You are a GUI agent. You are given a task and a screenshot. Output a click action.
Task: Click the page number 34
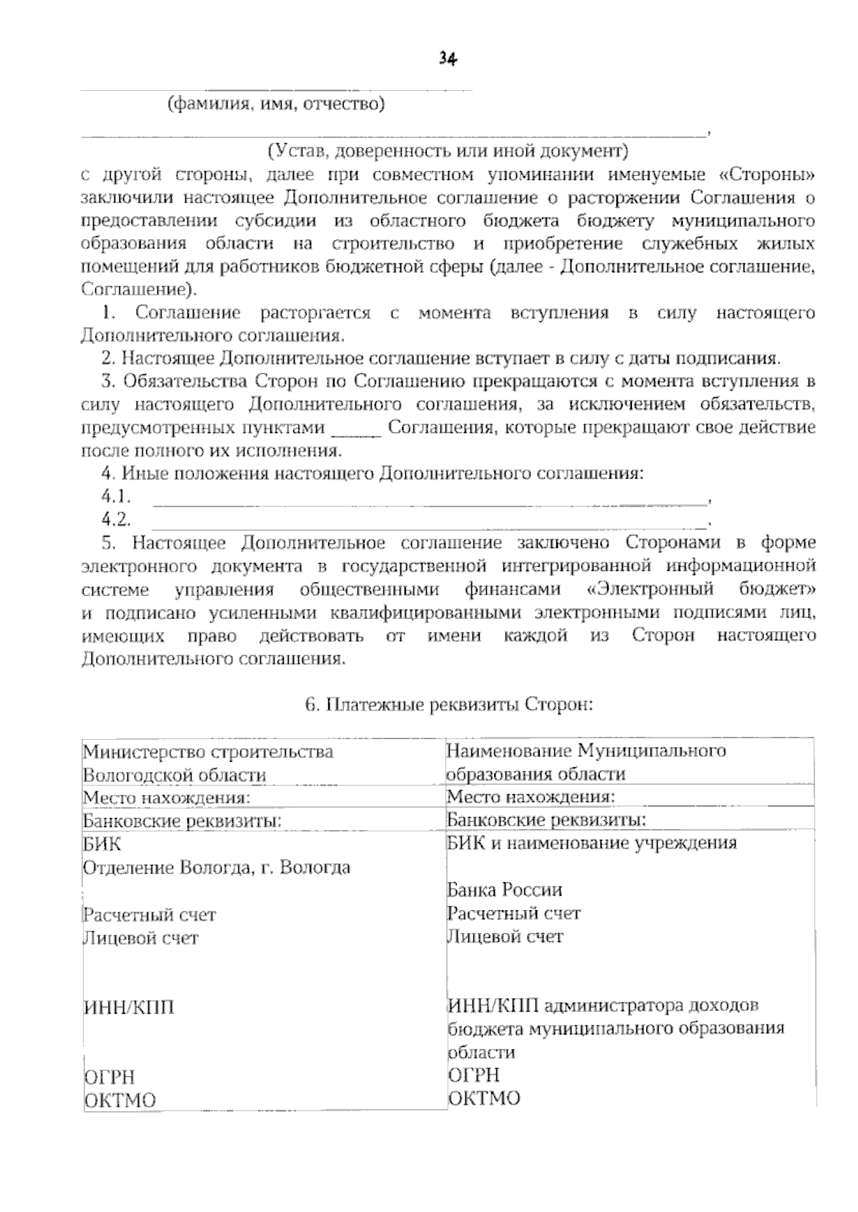point(448,59)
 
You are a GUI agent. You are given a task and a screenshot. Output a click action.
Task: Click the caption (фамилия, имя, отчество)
point(276,105)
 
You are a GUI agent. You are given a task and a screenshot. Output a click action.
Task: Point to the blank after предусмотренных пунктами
point(357,429)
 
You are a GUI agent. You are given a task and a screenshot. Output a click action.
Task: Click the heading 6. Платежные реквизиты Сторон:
point(449,704)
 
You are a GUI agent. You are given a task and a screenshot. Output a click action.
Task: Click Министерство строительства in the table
point(208,752)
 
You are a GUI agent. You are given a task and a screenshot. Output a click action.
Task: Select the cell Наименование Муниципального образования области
point(586,762)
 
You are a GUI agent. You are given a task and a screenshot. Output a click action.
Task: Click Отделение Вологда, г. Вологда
point(217,868)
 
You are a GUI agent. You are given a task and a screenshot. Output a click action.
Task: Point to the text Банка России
point(504,890)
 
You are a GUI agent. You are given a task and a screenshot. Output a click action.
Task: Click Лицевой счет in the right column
point(505,937)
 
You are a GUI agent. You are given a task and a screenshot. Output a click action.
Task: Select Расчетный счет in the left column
point(149,914)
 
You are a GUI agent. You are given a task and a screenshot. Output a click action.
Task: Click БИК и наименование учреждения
point(591,843)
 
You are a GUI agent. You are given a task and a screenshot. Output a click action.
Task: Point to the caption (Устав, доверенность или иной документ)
point(448,152)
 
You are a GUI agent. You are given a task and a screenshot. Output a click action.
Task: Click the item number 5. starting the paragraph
point(109,543)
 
